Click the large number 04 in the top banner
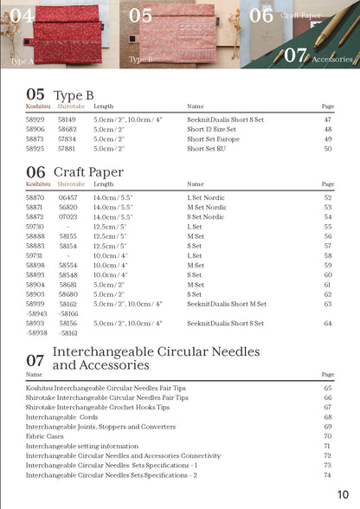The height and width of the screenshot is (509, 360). click(22, 15)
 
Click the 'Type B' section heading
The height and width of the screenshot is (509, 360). click(74, 94)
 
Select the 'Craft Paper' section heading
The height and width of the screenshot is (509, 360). click(88, 171)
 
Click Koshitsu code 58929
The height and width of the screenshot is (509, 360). click(35, 119)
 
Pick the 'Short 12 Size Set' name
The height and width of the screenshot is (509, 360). click(211, 128)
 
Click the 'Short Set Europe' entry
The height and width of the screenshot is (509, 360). click(211, 139)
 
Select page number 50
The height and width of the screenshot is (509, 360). click(328, 148)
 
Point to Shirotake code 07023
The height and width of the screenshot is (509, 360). click(67, 216)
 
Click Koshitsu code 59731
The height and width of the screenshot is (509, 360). click(35, 255)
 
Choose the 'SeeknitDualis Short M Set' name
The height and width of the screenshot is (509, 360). click(227, 304)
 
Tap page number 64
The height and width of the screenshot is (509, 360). click(328, 323)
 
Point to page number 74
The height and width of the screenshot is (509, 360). click(328, 474)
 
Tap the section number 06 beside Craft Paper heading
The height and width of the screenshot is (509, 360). click(35, 172)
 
